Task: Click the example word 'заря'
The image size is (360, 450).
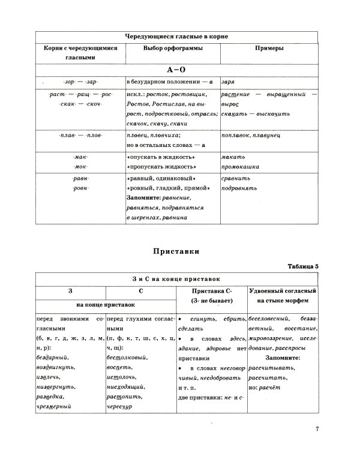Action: tap(228, 82)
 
